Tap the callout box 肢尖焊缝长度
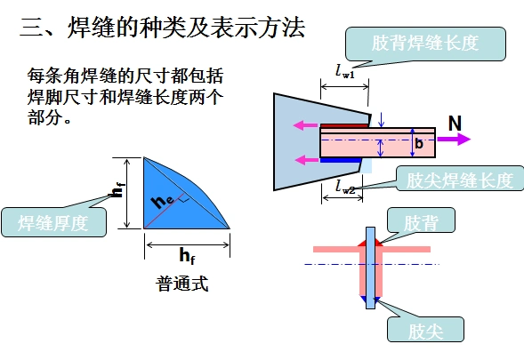(459, 180)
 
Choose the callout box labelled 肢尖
(425, 331)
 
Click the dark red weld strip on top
(343, 125)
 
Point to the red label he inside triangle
(161, 202)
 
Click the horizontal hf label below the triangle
(187, 256)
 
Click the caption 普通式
(181, 284)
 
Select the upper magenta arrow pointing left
(306, 124)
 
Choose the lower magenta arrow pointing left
(306, 161)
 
